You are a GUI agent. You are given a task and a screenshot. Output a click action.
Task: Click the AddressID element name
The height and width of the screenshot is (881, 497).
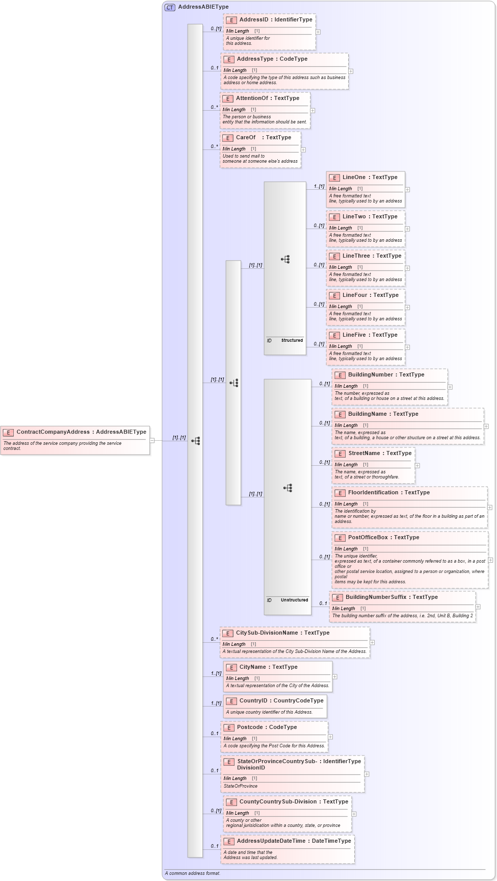coord(254,20)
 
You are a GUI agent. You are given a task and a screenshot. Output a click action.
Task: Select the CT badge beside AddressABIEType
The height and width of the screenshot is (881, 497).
coord(170,7)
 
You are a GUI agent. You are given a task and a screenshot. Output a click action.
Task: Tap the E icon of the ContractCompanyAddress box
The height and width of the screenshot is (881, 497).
coord(8,433)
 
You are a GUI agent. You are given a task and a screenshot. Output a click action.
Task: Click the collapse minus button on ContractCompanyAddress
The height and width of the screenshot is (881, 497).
coord(152,440)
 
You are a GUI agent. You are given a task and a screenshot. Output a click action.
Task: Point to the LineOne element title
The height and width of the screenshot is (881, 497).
coord(354,178)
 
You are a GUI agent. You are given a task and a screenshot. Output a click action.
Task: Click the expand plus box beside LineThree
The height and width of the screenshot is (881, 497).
coord(407,268)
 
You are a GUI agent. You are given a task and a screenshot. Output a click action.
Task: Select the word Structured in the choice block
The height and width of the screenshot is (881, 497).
coord(292,340)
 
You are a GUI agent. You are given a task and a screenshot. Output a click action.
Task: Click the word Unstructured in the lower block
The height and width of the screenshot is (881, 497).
coord(294,600)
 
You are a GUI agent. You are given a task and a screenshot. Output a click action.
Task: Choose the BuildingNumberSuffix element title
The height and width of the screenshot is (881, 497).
coord(376,597)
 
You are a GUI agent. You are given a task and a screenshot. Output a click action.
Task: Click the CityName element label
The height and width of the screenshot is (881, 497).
coord(254,667)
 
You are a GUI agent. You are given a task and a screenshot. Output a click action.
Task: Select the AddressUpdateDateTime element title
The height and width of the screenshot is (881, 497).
coord(271,841)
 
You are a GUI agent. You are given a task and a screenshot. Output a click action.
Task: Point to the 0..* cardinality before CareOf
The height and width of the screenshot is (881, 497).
coord(214,146)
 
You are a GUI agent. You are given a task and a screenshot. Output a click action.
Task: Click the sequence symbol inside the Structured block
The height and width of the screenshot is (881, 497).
coord(285,259)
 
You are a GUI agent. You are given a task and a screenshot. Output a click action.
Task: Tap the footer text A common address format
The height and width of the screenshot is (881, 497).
coord(193,873)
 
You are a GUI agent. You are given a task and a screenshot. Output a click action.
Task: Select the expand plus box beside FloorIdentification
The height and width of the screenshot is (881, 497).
coord(489,507)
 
